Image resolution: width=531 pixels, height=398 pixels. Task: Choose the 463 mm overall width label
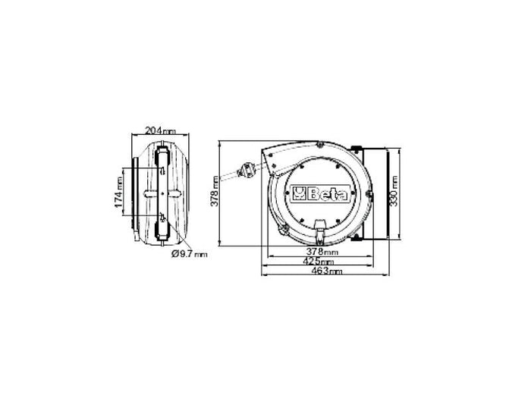(x=324, y=271)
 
